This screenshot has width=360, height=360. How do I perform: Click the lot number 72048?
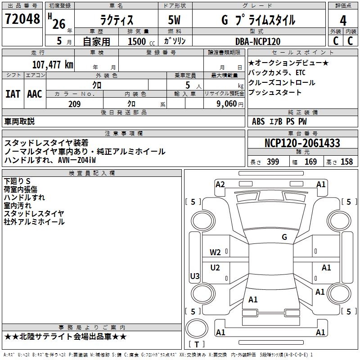(x=22, y=19)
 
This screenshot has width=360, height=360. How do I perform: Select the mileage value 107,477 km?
(x=53, y=64)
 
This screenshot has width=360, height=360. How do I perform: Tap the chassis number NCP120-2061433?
(x=302, y=143)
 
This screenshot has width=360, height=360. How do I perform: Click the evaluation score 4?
(x=343, y=20)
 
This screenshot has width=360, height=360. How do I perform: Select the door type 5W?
(x=174, y=20)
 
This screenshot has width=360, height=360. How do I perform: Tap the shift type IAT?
(x=13, y=94)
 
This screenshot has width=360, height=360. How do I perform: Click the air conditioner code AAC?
(x=35, y=94)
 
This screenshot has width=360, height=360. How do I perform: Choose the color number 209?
(x=74, y=104)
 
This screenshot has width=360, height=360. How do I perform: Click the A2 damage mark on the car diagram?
(x=220, y=184)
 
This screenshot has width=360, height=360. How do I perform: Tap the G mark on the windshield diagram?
(x=284, y=237)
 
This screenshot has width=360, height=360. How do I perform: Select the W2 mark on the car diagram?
(x=216, y=252)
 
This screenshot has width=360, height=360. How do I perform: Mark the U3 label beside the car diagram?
(x=195, y=276)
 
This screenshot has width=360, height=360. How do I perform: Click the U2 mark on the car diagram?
(x=216, y=268)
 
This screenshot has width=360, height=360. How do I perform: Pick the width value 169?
(x=310, y=162)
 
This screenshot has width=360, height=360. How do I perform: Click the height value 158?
(x=346, y=162)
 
